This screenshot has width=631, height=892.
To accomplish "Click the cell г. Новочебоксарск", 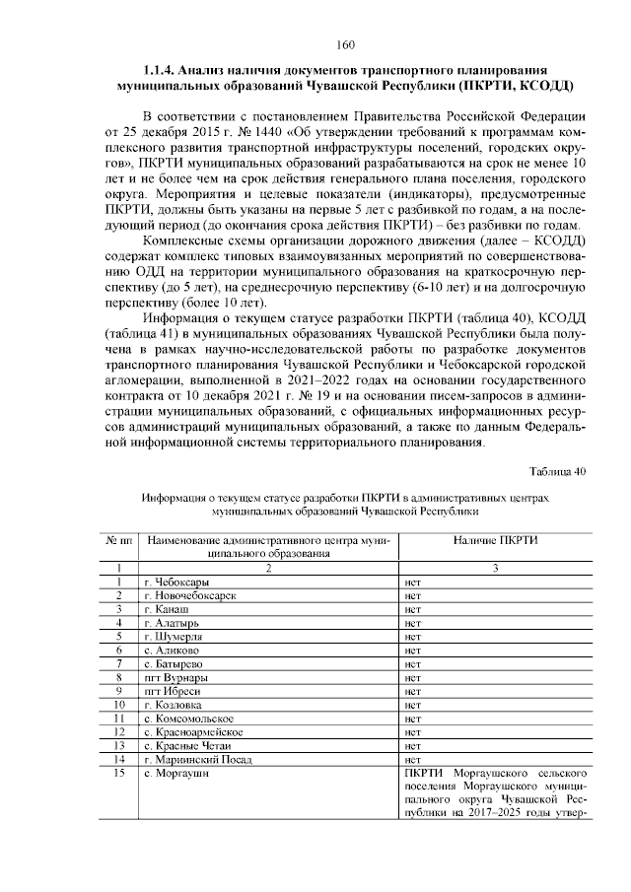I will click(189, 596).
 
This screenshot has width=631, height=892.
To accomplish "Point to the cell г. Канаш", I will click(166, 610).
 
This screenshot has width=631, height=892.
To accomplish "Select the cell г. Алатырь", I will click(171, 623).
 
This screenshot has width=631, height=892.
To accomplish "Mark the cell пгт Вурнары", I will click(175, 678).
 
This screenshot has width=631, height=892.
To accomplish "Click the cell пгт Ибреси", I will click(171, 692).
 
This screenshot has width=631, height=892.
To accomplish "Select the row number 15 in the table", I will click(118, 774).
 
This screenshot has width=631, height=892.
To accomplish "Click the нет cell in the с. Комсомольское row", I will click(413, 720).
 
